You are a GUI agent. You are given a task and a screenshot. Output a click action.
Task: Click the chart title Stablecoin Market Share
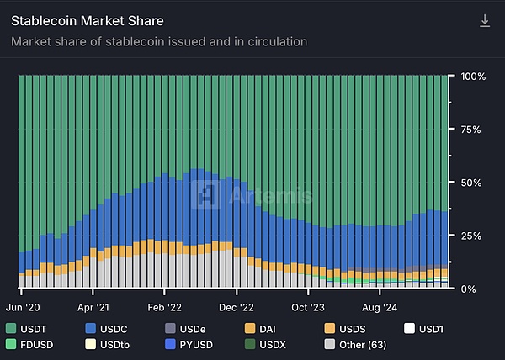pyautogui.click(x=88, y=20)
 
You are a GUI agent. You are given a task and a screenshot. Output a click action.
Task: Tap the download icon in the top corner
pyautogui.click(x=485, y=20)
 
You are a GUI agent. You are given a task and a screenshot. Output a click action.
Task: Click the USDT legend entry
pyautogui.click(x=28, y=327)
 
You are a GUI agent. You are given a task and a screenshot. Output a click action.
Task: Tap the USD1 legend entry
pyautogui.click(x=428, y=327)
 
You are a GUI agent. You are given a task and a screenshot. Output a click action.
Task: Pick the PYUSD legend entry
pyautogui.click(x=191, y=344)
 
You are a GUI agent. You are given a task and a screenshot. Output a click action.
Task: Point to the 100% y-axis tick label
pyautogui.click(x=473, y=76)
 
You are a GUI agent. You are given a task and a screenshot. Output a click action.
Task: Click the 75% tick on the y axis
pyautogui.click(x=471, y=129)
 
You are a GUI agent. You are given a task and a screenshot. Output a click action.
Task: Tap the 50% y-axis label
pyautogui.click(x=471, y=182)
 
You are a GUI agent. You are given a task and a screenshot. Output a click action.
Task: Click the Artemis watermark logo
pyautogui.click(x=252, y=195)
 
